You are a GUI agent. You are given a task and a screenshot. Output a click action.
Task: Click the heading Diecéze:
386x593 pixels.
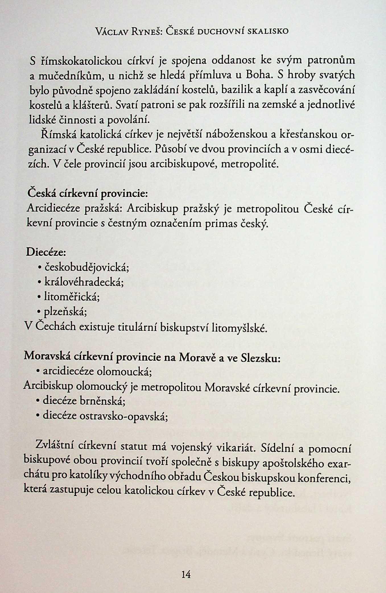[46, 252]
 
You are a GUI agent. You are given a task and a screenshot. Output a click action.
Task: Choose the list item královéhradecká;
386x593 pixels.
[84, 282]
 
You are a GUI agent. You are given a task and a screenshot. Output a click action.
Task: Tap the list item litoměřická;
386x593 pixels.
[72, 297]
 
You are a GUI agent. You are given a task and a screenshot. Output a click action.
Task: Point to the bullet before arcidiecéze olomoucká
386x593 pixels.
[38, 371]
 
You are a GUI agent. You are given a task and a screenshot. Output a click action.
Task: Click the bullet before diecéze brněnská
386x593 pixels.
[38, 401]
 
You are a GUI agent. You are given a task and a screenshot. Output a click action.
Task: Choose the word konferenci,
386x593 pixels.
[324, 479]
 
